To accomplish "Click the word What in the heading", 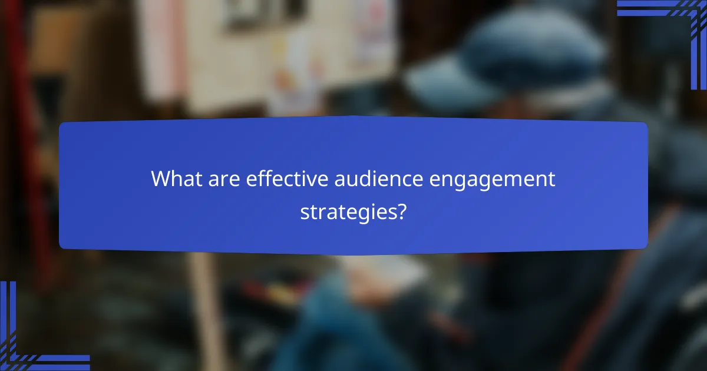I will tap(173, 179).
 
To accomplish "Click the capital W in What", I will tap(161, 179).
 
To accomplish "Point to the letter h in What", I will tap(176, 179).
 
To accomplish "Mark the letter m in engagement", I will tap(508, 180).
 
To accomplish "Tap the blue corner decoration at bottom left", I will tap(24, 347).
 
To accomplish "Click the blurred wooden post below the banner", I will tap(206, 306).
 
